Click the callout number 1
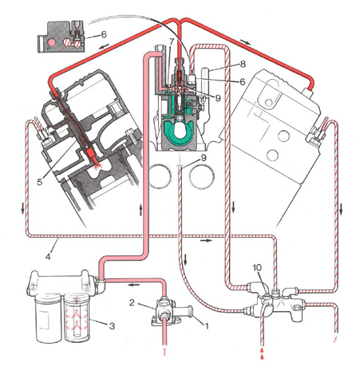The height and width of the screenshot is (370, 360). pyautogui.click(x=205, y=325)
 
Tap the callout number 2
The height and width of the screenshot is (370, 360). pyautogui.click(x=132, y=302)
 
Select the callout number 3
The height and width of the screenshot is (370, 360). pyautogui.click(x=112, y=326)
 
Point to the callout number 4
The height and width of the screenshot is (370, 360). pyautogui.click(x=48, y=257)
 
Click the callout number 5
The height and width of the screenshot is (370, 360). pyautogui.click(x=40, y=182)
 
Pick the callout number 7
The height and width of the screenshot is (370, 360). pyautogui.click(x=171, y=41)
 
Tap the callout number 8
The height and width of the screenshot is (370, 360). pyautogui.click(x=243, y=64)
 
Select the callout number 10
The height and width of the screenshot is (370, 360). pyautogui.click(x=257, y=268)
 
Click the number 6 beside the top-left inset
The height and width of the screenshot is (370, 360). pyautogui.click(x=104, y=34)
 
